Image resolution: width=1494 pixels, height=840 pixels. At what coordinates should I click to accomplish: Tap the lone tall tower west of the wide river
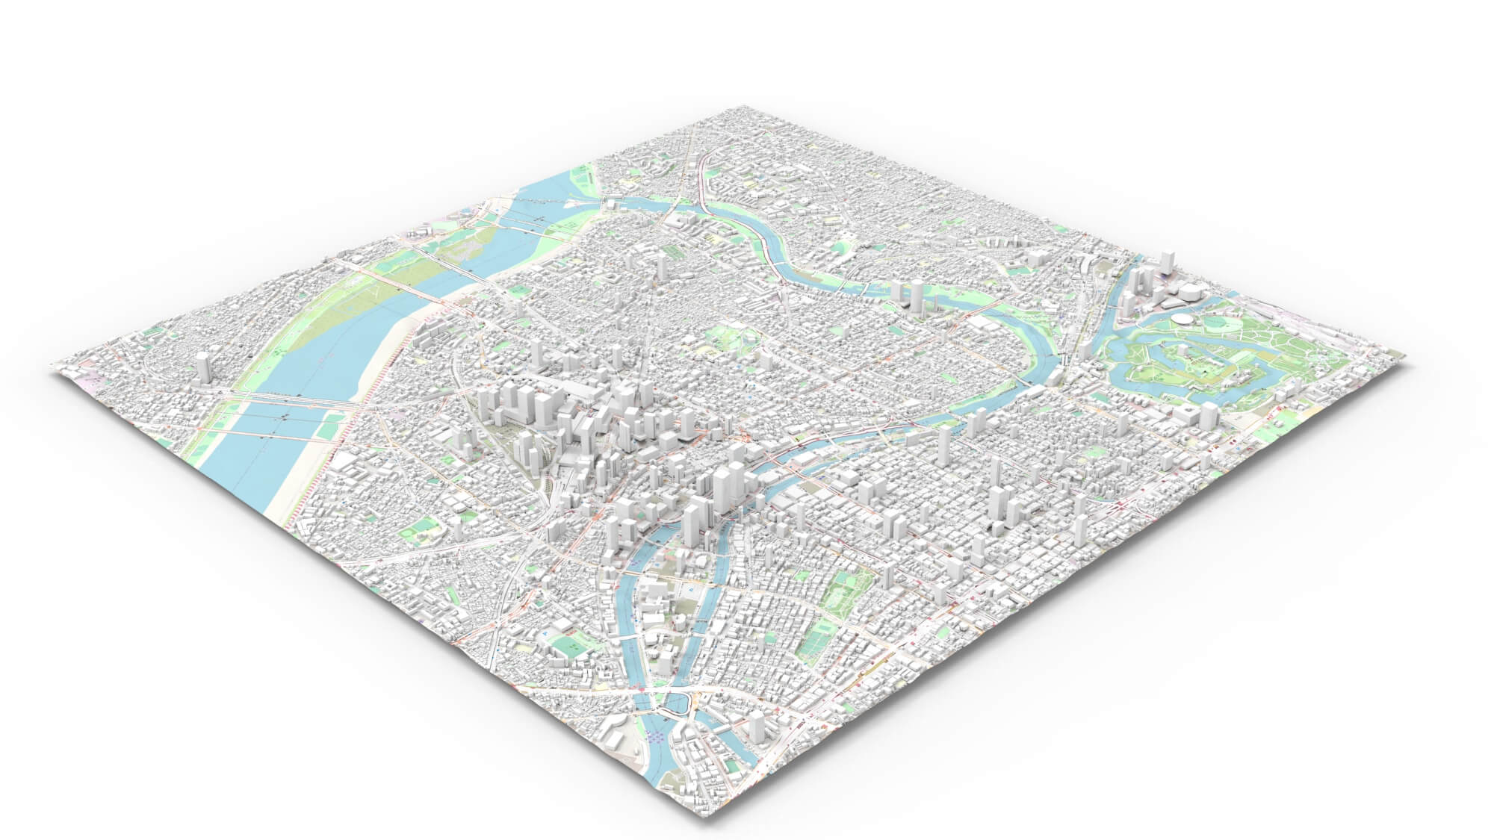[202, 368]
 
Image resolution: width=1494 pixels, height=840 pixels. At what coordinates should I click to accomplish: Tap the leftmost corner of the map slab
[52, 367]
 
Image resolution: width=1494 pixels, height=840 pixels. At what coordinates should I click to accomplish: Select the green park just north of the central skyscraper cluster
[728, 340]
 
